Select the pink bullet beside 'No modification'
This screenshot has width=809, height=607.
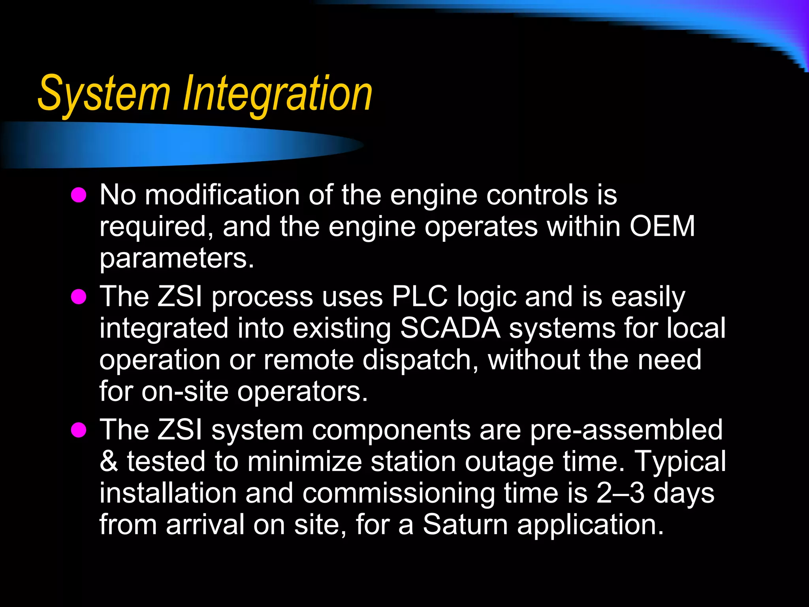[79, 195]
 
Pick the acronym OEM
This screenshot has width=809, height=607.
[662, 226]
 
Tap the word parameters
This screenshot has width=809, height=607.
[177, 258]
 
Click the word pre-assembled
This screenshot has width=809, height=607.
[626, 430]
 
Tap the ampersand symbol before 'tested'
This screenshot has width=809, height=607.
[109, 462]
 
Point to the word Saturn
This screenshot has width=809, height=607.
[465, 525]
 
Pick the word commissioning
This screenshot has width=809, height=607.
[399, 493]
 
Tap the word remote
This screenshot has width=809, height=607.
[309, 360]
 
